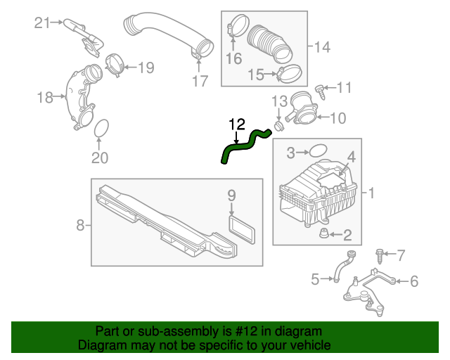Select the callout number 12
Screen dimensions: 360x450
point(237,124)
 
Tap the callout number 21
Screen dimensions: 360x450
point(44,23)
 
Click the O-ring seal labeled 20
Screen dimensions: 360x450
point(100,128)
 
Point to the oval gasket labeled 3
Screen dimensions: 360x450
point(319,150)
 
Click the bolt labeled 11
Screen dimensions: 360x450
point(320,89)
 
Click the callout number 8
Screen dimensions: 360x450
point(80,226)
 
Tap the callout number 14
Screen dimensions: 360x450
point(322,47)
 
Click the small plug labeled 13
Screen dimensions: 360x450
point(279,125)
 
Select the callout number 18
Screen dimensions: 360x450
point(45,97)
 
